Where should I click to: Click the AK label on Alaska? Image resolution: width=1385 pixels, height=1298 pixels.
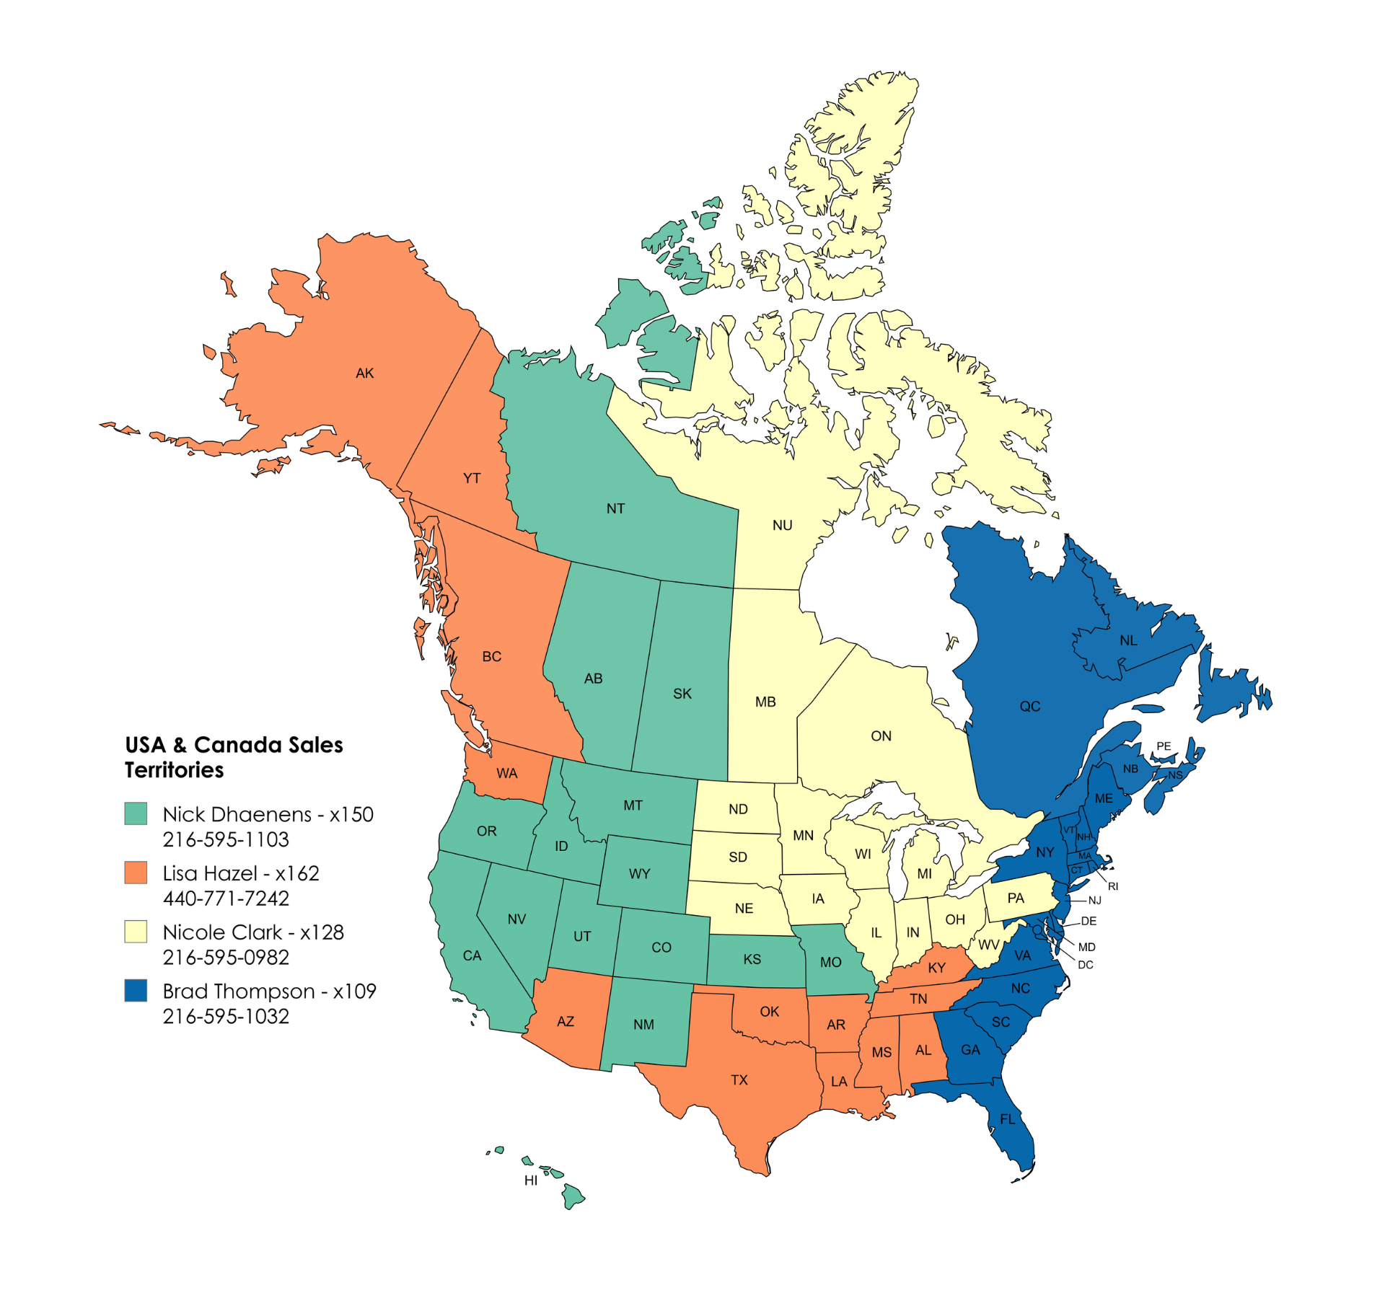[x=364, y=374]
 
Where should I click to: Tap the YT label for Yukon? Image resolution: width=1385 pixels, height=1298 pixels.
[x=472, y=478]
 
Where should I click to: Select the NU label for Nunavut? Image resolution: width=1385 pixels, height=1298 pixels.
[x=782, y=526]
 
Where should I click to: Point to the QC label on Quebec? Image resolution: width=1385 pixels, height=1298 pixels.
[x=1029, y=707]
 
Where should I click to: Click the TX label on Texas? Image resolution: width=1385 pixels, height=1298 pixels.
[x=739, y=1080]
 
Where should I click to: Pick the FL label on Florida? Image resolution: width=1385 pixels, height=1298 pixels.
[x=1007, y=1119]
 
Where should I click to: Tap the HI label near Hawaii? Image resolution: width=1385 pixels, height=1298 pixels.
[x=531, y=1180]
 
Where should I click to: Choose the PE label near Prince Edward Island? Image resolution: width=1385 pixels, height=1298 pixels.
[x=1164, y=746]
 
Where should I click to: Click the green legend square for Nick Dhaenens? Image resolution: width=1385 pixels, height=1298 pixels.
[x=136, y=813]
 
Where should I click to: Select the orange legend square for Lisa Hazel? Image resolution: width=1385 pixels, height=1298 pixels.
[x=136, y=873]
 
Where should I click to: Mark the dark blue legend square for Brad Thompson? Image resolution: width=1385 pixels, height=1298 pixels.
[x=136, y=990]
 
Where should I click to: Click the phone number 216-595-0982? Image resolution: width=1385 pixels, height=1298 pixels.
[x=226, y=958]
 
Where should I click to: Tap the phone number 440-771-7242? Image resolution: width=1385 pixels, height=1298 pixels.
[x=226, y=899]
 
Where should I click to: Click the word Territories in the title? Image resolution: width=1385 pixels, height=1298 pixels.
[x=174, y=770]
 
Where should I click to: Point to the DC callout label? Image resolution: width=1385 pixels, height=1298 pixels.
[x=1085, y=965]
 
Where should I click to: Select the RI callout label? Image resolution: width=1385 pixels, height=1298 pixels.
[x=1113, y=886]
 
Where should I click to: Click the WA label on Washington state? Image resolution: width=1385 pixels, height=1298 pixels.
[x=506, y=774]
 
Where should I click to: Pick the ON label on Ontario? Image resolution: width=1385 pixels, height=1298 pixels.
[x=881, y=736]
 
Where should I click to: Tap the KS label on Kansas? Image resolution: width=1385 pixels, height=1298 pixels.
[x=752, y=960]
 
